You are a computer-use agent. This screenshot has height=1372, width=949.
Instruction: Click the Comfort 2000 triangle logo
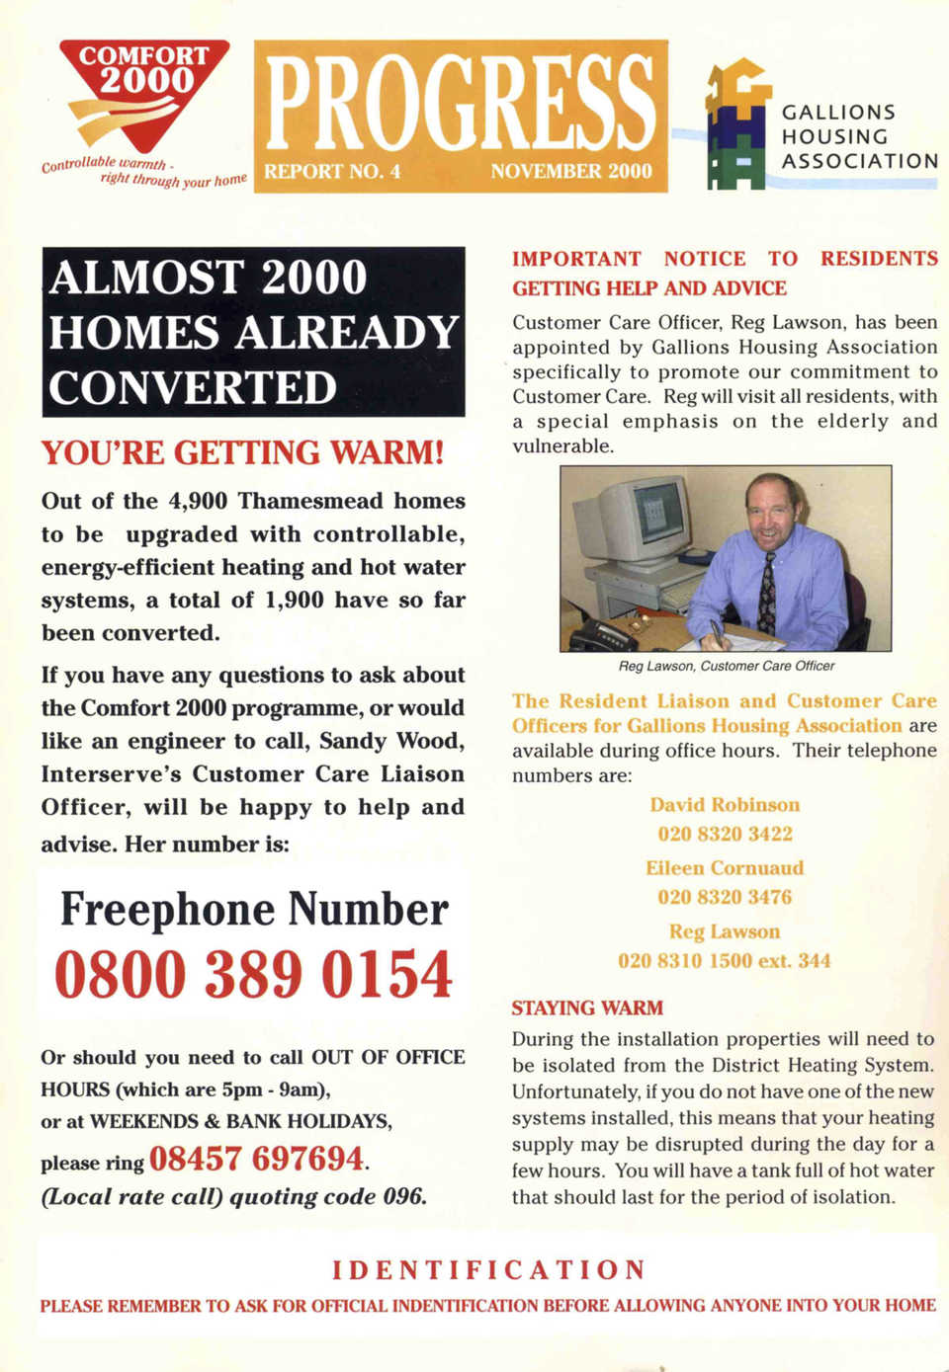pos(144,94)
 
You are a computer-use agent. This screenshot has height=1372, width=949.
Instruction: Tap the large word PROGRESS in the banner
pos(461,103)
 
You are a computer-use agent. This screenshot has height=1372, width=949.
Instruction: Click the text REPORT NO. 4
pos(332,172)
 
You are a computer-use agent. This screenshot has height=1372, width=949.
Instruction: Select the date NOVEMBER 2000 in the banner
pos(571,171)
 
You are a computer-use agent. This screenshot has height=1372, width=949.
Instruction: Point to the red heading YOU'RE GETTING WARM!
pos(242,453)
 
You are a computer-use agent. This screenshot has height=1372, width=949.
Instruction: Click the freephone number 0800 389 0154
pos(253,974)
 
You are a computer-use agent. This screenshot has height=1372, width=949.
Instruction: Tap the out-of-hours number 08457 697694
pos(256,1159)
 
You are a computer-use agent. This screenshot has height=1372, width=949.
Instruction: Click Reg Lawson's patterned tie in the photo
pos(767,594)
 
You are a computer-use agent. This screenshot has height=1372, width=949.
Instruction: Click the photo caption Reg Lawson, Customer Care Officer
pos(726,667)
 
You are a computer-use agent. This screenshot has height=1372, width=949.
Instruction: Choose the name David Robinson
pos(725,805)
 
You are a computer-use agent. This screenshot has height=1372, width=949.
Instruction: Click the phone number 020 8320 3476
pos(725,897)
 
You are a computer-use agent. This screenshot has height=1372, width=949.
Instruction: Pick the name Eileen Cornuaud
pos(725,868)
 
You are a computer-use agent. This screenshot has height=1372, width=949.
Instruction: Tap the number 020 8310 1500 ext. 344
pos(725,961)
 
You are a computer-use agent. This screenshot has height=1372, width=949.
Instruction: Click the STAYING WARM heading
pos(587,1009)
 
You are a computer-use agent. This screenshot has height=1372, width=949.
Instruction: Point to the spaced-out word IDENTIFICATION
pos(488,1270)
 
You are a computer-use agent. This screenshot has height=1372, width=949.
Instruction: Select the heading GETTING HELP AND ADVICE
pos(649,288)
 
